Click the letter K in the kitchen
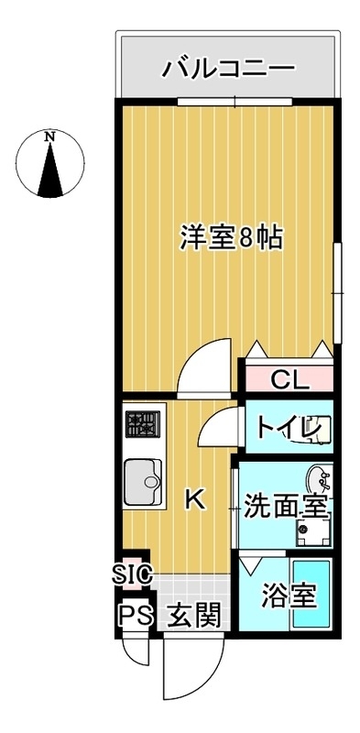194,499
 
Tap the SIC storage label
132,574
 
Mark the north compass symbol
50,165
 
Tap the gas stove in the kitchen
143,424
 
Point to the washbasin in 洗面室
318,477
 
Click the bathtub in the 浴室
312,600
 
